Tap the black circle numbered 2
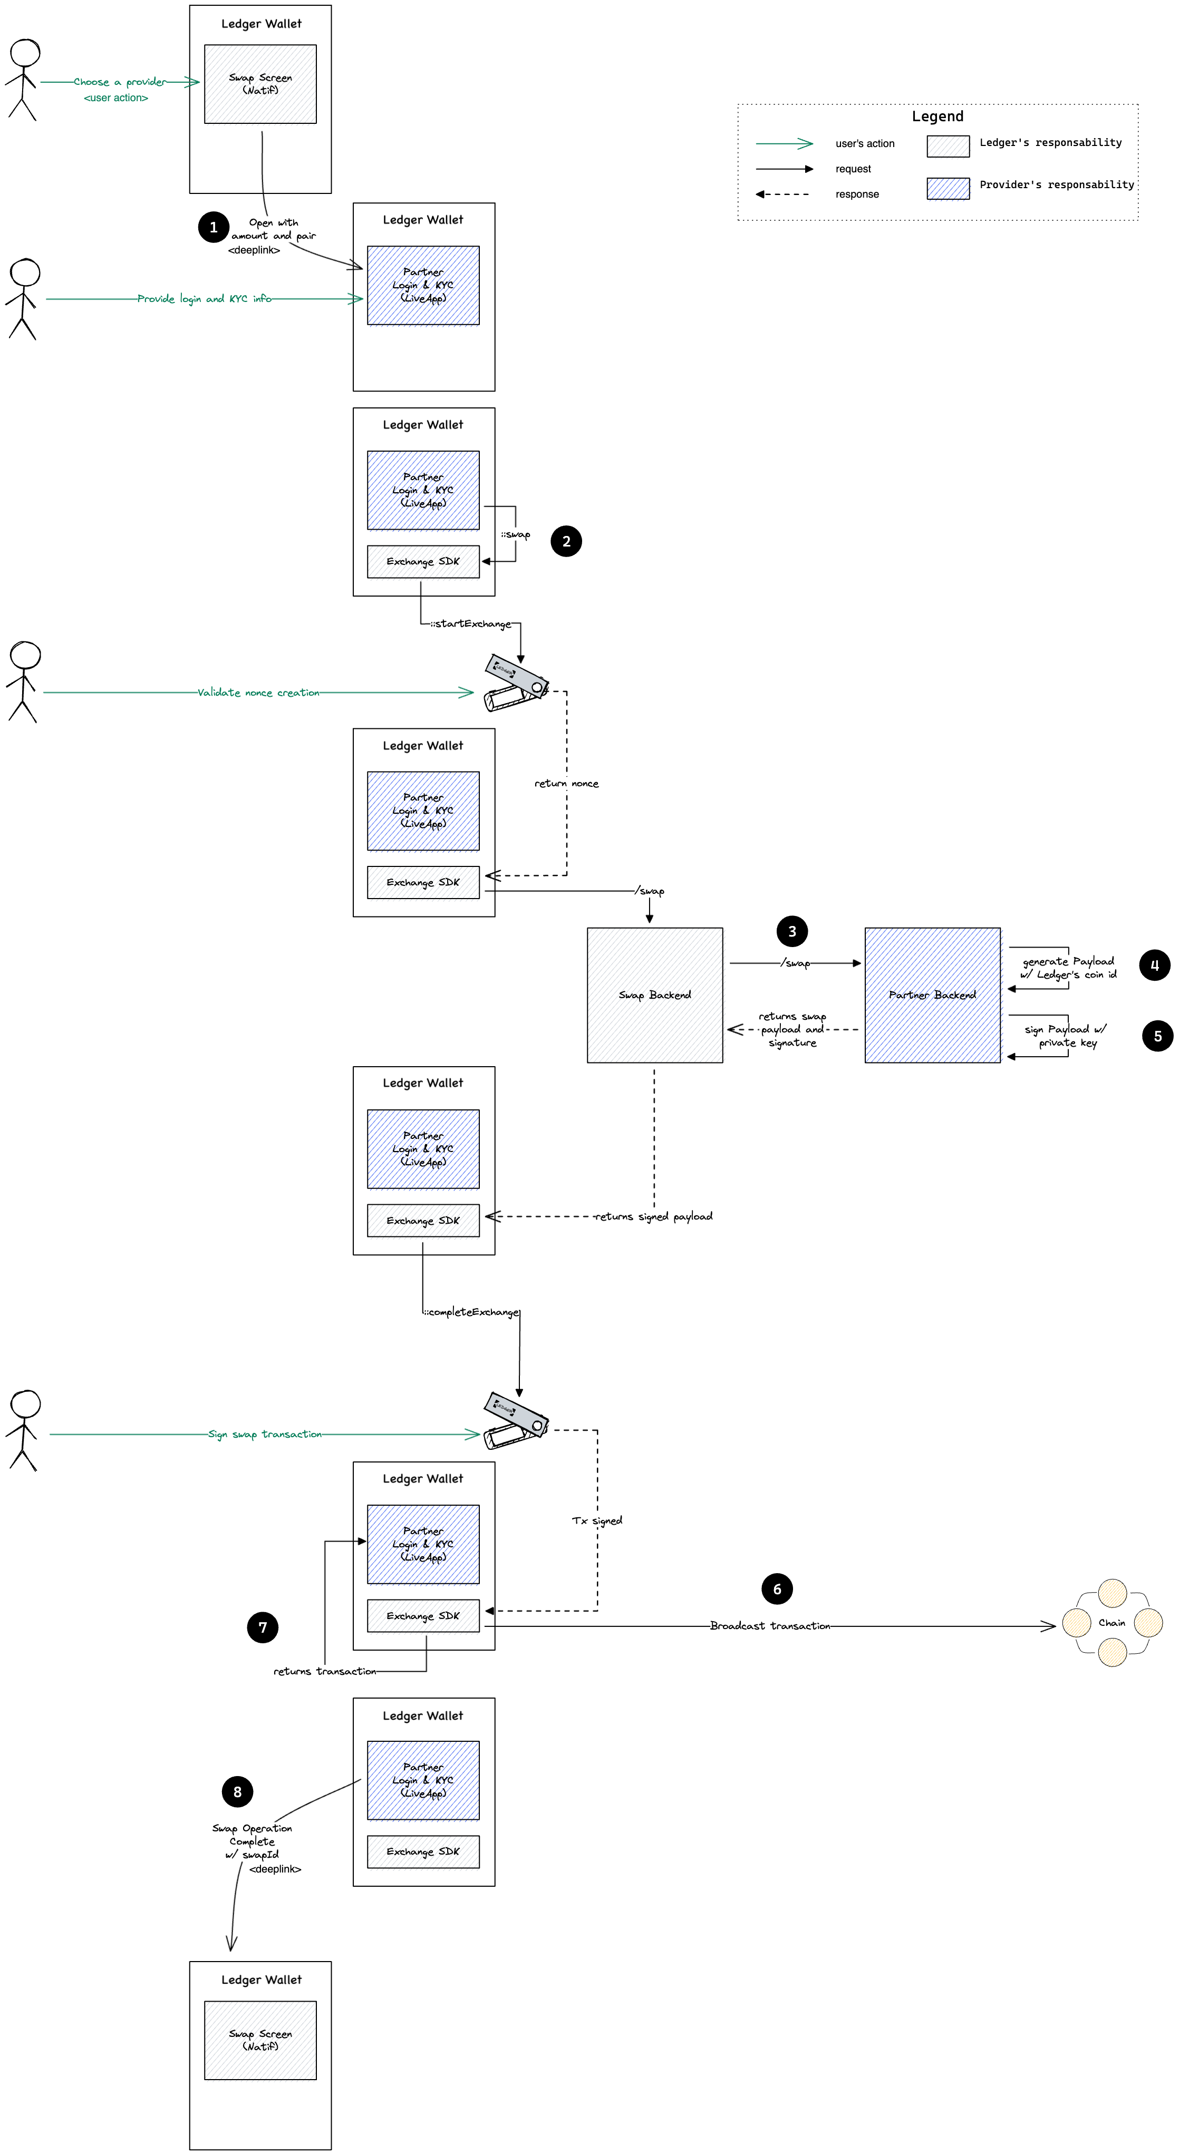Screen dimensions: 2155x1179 click(566, 541)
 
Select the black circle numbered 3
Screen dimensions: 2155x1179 click(791, 931)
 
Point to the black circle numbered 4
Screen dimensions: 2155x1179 click(1154, 964)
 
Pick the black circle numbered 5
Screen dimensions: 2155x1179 click(1157, 1036)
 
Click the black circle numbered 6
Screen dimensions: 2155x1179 click(777, 1588)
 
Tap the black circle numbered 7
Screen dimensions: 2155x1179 click(263, 1627)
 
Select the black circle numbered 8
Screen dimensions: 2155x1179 click(238, 1791)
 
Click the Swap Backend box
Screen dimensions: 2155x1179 click(654, 994)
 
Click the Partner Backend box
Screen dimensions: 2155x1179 click(932, 994)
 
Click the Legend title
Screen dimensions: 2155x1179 click(937, 116)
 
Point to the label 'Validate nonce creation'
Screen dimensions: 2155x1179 click(258, 693)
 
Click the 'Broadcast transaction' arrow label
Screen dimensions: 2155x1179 click(770, 1625)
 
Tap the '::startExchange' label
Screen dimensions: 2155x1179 click(470, 624)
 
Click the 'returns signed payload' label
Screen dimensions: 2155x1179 click(653, 1216)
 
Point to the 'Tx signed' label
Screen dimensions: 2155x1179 click(596, 1520)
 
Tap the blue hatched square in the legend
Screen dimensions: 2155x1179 click(947, 188)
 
